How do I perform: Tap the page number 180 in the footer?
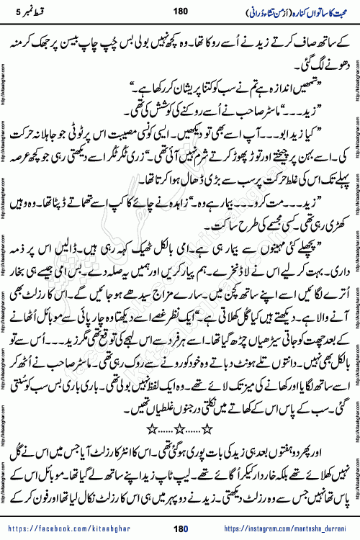180,530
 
